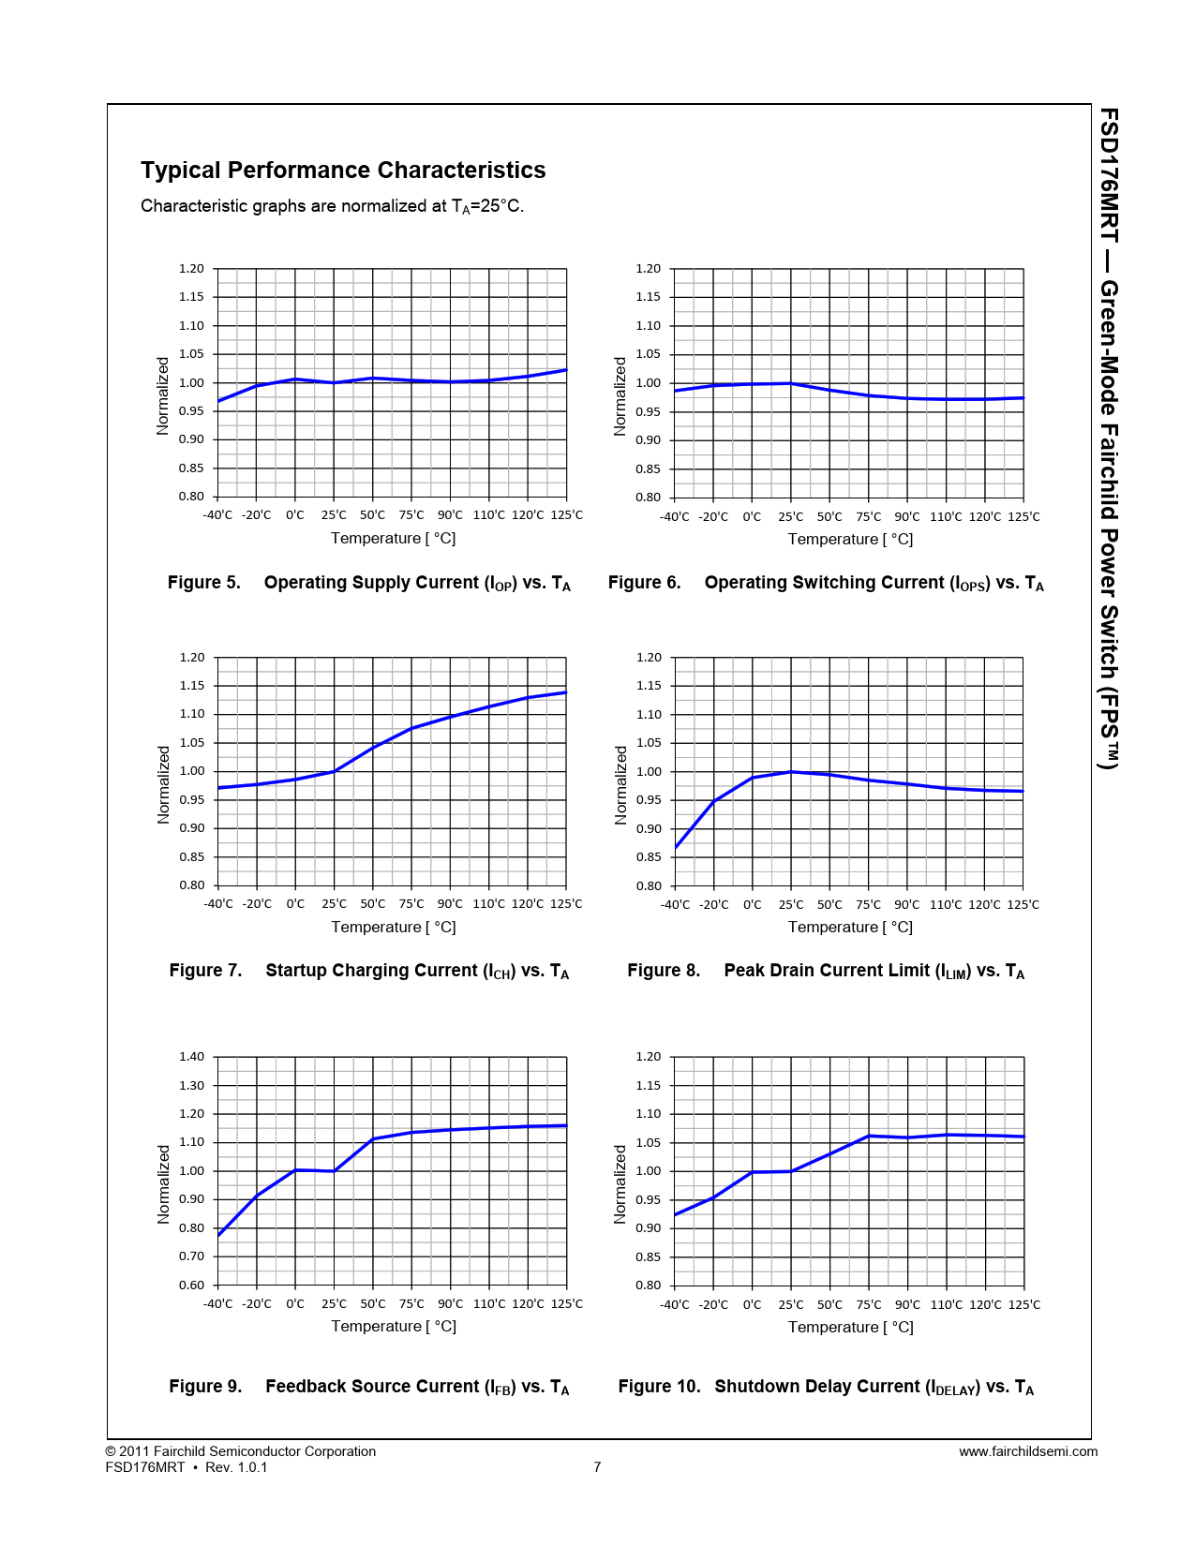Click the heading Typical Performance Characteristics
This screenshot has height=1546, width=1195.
pos(343,171)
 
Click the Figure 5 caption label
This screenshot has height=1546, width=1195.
pos(203,583)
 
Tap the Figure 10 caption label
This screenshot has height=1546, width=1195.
pos(659,1387)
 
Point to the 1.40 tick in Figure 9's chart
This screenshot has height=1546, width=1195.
pos(191,1057)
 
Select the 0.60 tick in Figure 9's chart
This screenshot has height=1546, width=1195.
pos(191,1286)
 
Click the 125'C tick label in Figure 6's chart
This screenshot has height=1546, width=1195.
pos(1023,517)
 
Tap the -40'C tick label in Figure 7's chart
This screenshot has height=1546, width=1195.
pos(217,904)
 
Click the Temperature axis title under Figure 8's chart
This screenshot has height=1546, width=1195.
pos(850,928)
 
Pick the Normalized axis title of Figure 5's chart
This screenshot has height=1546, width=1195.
pos(163,395)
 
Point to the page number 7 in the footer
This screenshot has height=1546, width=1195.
pos(597,1467)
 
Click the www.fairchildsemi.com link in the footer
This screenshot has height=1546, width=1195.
pos(1028,1452)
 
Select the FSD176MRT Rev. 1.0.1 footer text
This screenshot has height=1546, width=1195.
pos(187,1467)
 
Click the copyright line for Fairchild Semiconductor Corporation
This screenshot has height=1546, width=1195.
pos(241,1451)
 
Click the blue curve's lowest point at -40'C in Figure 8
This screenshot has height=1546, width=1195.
pos(676,848)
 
